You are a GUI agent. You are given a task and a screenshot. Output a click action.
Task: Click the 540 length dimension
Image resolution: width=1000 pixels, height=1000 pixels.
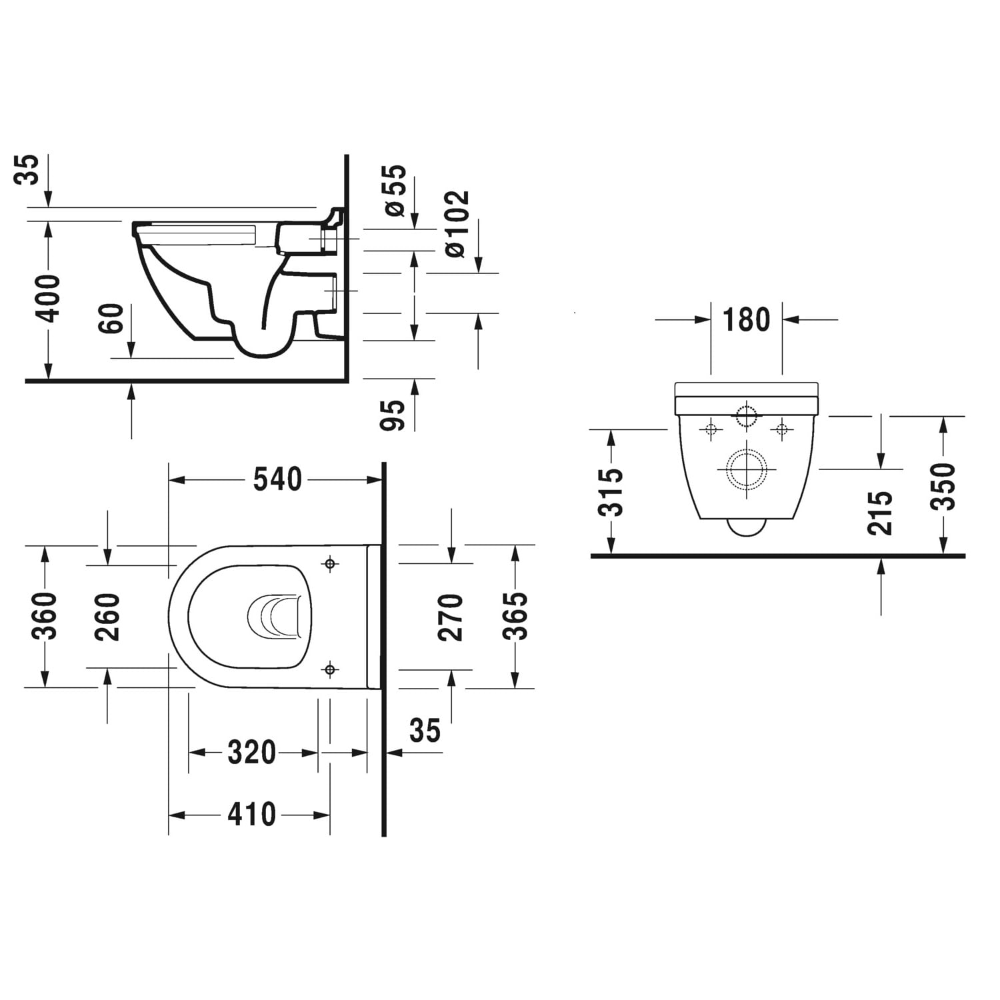tap(277, 479)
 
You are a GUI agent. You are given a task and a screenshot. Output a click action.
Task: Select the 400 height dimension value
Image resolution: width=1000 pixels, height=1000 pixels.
tap(48, 297)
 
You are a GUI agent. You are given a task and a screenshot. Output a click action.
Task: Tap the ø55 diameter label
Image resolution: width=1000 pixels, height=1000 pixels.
tap(395, 190)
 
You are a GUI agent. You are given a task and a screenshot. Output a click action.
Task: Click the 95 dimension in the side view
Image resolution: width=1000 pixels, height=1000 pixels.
tap(394, 415)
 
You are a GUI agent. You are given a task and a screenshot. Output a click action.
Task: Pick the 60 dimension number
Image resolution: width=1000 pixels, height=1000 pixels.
tap(112, 319)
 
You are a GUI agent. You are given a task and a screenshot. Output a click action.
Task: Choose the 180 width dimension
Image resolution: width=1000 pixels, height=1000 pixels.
tap(746, 320)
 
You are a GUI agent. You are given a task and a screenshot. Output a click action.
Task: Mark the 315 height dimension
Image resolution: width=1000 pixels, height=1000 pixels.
tap(611, 492)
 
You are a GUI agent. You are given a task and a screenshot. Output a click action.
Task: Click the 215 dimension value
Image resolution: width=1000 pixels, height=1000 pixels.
tap(880, 513)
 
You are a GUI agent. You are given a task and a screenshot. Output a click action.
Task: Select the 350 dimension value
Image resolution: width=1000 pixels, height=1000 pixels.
tap(943, 487)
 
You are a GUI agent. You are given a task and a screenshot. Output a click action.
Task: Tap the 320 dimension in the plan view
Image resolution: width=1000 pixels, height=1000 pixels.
tap(251, 753)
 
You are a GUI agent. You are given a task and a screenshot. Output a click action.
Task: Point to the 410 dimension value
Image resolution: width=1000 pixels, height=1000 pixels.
tap(251, 815)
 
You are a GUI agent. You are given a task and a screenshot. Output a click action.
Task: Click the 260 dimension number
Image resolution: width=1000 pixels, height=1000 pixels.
tap(107, 617)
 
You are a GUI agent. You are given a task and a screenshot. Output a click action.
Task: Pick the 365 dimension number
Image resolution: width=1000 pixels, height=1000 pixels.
tap(515, 616)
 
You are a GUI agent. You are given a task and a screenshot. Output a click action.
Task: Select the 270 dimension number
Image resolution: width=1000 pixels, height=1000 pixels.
tap(451, 617)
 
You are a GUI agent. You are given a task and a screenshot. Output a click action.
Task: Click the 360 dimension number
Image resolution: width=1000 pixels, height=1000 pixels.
tap(44, 616)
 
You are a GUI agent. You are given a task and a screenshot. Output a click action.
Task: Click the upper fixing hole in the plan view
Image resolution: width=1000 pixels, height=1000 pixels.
tap(330, 565)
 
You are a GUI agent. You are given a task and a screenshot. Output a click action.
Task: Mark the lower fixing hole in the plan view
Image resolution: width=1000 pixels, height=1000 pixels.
tap(330, 669)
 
